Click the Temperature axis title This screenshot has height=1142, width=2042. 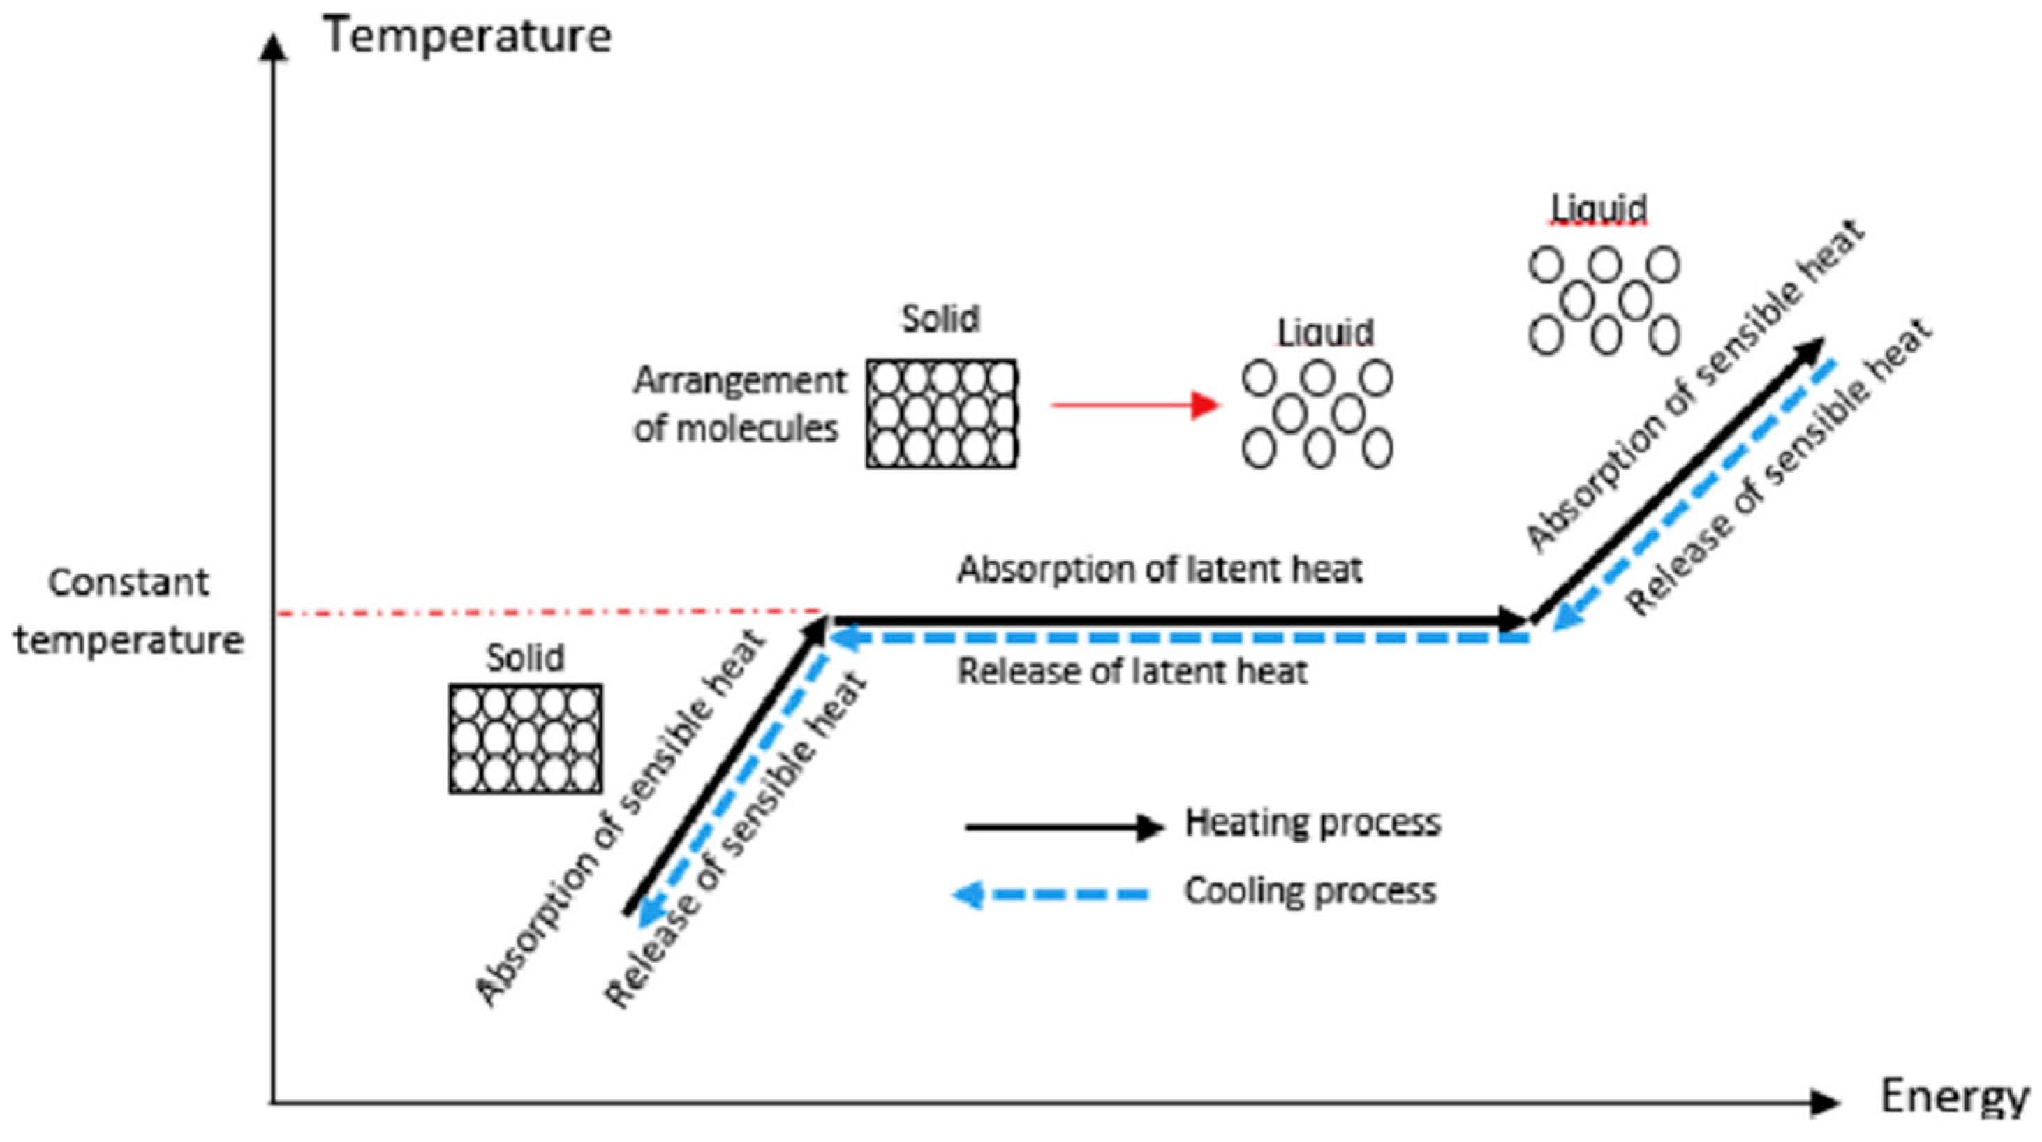(x=468, y=36)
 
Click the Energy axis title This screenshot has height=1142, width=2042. (x=1953, y=1097)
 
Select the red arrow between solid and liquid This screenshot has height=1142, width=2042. (x=1134, y=405)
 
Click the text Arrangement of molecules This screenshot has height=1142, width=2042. (x=739, y=405)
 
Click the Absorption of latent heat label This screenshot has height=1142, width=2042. (x=1159, y=569)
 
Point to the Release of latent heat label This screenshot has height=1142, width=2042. (x=1131, y=672)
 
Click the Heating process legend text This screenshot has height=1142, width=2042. (x=1312, y=822)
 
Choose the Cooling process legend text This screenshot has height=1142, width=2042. (x=1310, y=891)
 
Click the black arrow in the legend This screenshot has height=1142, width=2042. (x=1063, y=827)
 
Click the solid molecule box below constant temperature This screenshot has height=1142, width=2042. (x=525, y=739)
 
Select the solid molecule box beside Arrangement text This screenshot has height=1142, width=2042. (x=941, y=414)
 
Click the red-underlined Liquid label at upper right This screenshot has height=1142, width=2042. (x=1598, y=209)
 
